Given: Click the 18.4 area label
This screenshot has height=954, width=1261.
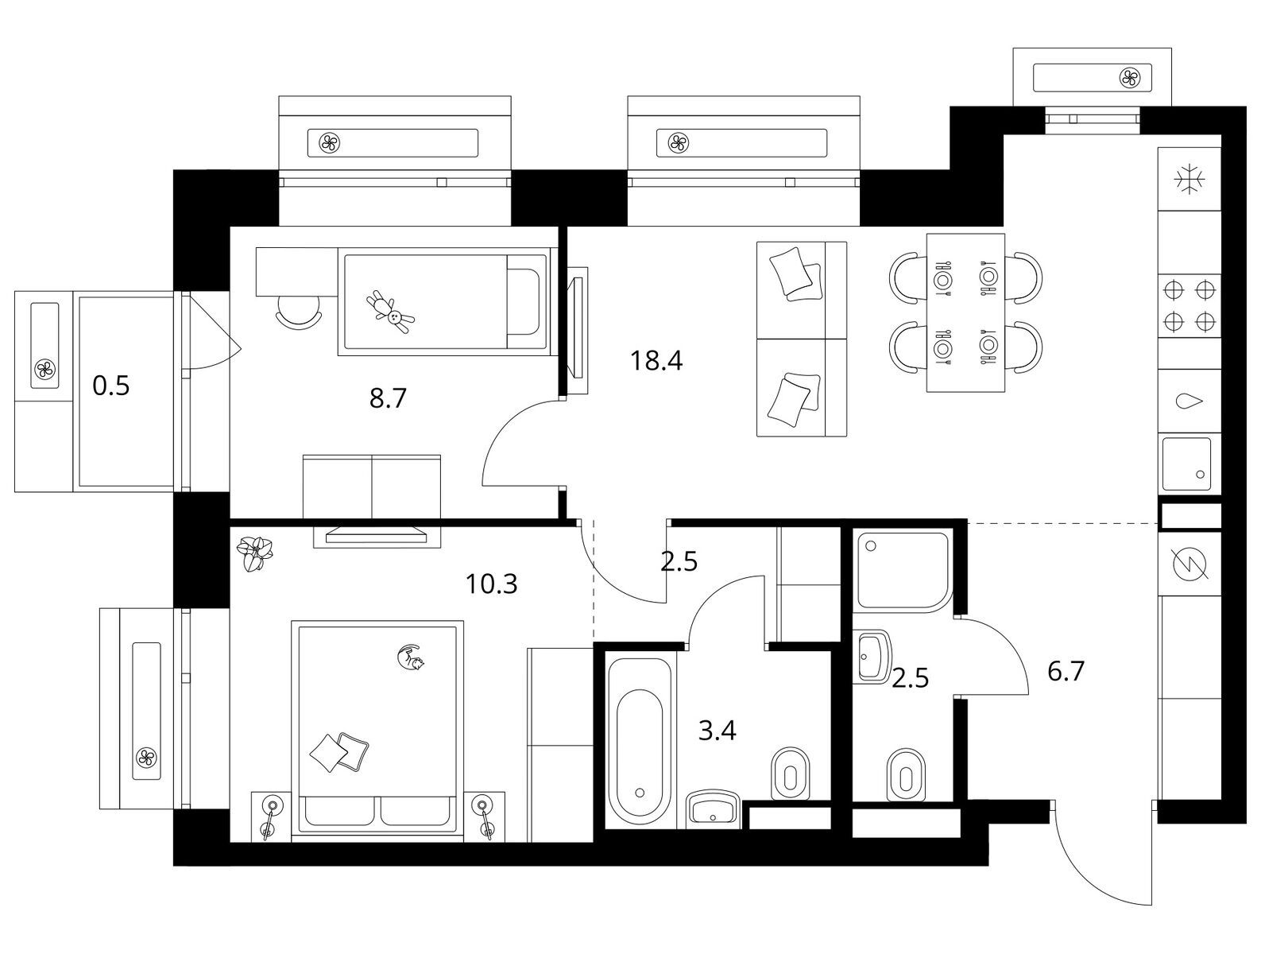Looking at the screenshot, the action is [656, 362].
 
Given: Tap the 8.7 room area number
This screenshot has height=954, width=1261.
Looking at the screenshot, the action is [388, 398].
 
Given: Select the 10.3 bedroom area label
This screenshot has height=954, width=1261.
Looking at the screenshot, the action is [491, 584].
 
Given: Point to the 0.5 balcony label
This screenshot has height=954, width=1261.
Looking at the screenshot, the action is [111, 386].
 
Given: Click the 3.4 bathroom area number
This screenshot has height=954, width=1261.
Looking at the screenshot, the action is [717, 731].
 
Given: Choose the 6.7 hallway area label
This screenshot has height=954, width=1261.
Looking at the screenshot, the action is [1066, 672].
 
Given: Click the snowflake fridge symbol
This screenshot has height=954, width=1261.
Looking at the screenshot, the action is [1189, 180].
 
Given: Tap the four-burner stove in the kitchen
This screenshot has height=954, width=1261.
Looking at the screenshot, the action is [1189, 306].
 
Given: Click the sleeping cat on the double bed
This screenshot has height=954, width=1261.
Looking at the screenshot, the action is [411, 657].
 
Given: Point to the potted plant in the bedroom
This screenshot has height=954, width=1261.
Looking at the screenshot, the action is [254, 553].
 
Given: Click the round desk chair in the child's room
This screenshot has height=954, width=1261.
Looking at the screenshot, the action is [299, 312].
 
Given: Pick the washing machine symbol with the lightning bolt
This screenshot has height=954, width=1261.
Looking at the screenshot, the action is [1189, 564].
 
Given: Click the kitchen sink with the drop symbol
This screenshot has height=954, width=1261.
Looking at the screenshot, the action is [1189, 401].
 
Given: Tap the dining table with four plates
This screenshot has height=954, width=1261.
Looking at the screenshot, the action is [965, 312].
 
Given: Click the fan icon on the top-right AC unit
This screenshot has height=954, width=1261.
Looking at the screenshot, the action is [1129, 78].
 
